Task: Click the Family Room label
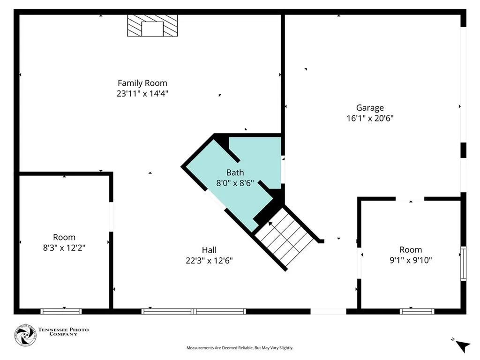[x=142, y=83]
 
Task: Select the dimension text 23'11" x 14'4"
[x=142, y=93]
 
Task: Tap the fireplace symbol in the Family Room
[x=152, y=25]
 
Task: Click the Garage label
[x=369, y=108]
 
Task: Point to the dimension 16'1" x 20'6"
[x=369, y=119]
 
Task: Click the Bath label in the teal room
[x=235, y=172]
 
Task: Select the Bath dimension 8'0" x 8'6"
[x=235, y=183]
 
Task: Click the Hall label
[x=209, y=250]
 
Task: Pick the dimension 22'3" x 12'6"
[x=209, y=261]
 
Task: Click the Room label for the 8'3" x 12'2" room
[x=64, y=237]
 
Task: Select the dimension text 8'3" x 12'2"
[x=64, y=247]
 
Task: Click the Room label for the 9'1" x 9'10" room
[x=411, y=250]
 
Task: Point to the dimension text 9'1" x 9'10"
[x=411, y=260]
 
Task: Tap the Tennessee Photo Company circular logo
[x=25, y=335]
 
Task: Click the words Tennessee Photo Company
[x=63, y=332]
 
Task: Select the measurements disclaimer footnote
[x=240, y=348]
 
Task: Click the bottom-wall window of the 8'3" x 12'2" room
[x=61, y=311]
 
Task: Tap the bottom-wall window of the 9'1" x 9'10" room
[x=417, y=311]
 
